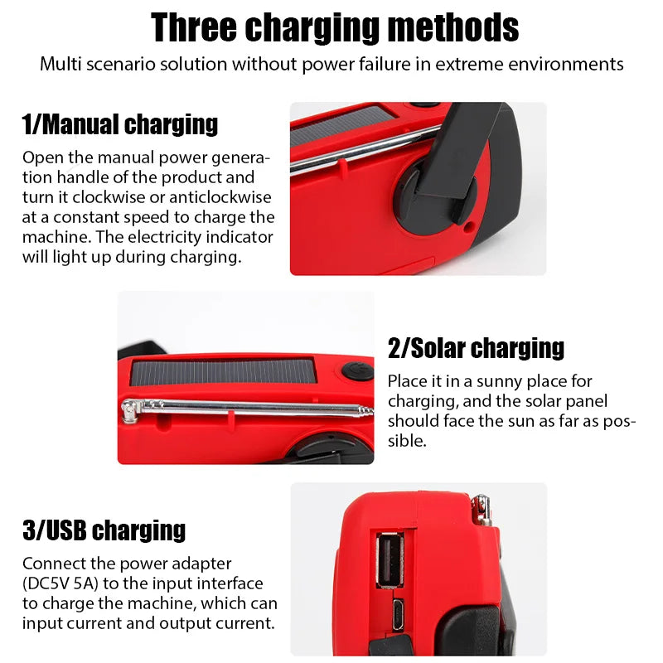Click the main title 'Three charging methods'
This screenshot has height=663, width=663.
click(335, 27)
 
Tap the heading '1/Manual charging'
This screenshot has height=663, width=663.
click(120, 124)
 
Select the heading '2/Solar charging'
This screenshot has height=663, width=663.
click(476, 348)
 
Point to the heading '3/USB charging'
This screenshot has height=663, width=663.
click(104, 530)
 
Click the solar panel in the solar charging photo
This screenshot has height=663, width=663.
click(224, 371)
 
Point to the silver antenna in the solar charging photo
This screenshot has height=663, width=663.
click(249, 409)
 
